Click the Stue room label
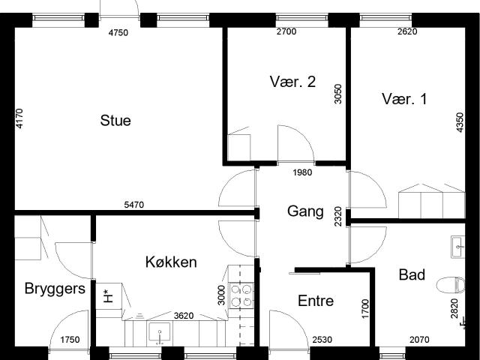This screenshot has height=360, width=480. [115, 120]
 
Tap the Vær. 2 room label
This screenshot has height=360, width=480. [292, 82]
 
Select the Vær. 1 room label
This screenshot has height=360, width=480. [403, 99]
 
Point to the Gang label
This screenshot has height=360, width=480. [305, 211]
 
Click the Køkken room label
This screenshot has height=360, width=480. [171, 262]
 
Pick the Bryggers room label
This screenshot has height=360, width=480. [55, 289]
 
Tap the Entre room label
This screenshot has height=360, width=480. [316, 301]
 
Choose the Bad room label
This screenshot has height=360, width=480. [412, 275]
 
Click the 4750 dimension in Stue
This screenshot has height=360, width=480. [118, 32]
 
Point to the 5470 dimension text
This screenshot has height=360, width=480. [134, 204]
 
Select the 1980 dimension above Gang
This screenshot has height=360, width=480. [302, 172]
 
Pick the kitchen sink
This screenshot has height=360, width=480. [160, 331]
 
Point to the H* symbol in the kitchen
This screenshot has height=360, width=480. [107, 295]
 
